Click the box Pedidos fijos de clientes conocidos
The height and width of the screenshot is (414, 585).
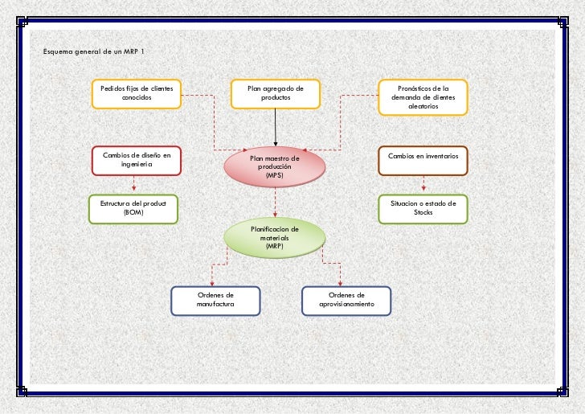(x=136, y=93)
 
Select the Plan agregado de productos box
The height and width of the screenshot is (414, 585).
(x=275, y=93)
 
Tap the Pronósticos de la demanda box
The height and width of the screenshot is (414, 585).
(x=423, y=97)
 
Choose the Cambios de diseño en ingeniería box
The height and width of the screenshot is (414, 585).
(x=136, y=159)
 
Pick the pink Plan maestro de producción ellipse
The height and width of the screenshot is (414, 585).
(x=275, y=166)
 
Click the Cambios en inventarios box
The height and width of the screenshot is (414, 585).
(x=423, y=159)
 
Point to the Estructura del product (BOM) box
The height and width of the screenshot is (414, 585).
(x=133, y=208)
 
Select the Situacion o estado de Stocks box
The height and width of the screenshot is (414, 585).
(x=423, y=208)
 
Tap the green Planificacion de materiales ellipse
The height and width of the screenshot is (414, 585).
(x=275, y=237)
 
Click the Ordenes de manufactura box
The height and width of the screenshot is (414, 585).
(x=215, y=301)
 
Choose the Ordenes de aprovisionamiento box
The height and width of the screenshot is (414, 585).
(x=346, y=301)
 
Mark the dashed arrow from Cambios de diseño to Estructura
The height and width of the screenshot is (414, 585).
(x=133, y=184)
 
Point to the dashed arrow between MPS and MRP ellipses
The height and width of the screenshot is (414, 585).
(x=275, y=202)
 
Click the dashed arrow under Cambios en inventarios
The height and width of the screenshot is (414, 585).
(x=423, y=184)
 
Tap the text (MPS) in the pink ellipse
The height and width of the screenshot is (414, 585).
(x=275, y=175)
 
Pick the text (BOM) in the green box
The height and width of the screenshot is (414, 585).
(x=133, y=212)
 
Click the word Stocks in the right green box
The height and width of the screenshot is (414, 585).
(x=423, y=212)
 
